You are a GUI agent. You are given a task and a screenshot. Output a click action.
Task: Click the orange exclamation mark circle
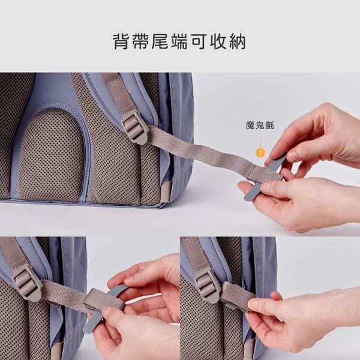point(260,152)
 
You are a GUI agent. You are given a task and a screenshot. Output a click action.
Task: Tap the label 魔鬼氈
point(260,125)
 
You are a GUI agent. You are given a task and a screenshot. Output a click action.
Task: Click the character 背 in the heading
point(121,41)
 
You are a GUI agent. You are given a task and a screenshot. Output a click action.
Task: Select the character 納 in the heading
point(238,41)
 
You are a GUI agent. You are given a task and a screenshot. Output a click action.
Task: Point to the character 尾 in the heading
point(160,41)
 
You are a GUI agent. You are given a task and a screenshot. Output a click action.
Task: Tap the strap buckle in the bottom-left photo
point(27,283)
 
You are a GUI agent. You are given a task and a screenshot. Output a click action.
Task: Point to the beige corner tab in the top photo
point(166,191)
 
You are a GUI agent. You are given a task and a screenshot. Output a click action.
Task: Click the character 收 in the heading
point(218,41)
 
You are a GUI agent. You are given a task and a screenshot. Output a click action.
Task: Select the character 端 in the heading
point(179,41)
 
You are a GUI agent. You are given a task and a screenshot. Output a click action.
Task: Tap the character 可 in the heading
point(199,41)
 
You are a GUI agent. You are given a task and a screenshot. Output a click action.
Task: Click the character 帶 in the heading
point(140,41)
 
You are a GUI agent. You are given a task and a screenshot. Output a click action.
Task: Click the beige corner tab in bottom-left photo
point(56,351)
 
